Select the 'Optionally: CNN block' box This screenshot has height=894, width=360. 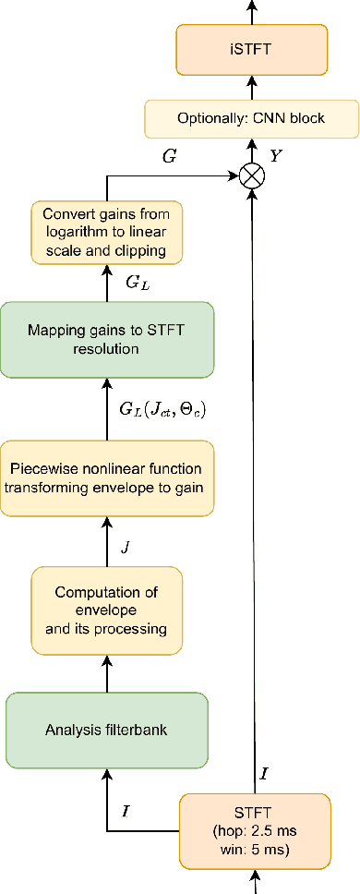250,119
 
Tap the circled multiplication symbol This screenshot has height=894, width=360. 250,176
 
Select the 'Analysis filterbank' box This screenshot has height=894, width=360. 107,730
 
